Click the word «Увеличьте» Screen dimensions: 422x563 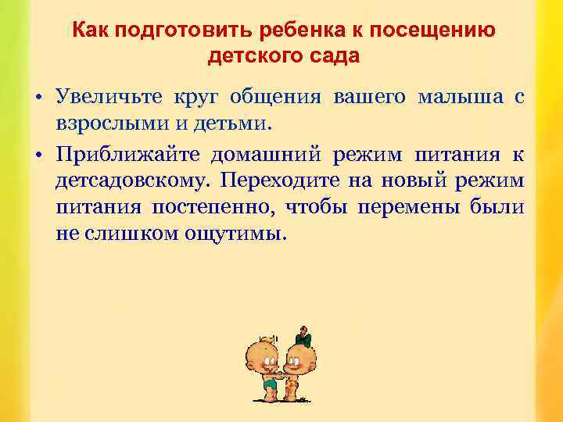(x=109, y=97)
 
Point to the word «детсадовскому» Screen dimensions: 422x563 (x=133, y=180)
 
